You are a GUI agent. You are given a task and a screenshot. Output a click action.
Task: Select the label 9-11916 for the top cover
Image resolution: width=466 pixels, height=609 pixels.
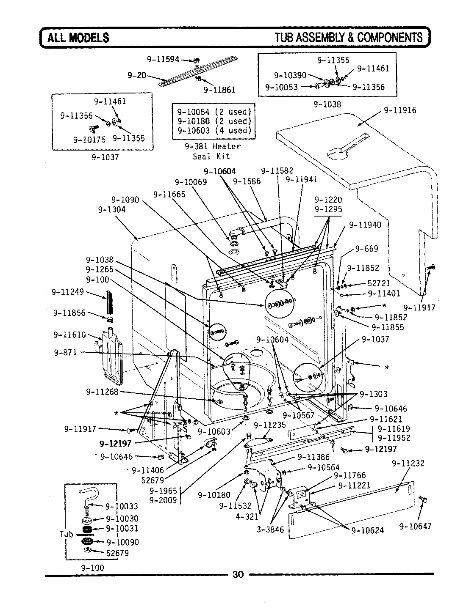point(400,110)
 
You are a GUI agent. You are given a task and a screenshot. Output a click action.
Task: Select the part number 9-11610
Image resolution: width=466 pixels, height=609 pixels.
point(69,335)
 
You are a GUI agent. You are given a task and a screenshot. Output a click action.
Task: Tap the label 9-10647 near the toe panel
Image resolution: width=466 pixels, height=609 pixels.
point(415,527)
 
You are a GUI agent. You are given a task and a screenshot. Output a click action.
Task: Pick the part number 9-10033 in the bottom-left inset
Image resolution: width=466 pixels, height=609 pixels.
point(122,506)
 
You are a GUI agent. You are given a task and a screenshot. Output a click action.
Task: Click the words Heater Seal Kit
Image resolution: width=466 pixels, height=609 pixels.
point(214,151)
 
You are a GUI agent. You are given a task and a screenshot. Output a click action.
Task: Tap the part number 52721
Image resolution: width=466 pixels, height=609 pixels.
point(378,284)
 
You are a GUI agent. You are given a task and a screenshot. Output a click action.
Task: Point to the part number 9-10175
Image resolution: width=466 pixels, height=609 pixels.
point(89,139)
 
